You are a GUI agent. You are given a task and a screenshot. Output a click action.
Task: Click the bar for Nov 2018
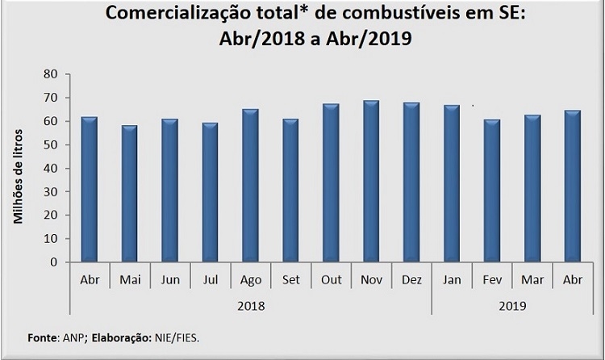(x=371, y=182)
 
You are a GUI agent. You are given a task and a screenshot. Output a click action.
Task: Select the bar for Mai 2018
(x=129, y=194)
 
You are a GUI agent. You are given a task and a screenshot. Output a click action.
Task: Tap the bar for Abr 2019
(x=574, y=186)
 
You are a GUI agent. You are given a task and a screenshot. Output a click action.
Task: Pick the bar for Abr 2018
(x=89, y=190)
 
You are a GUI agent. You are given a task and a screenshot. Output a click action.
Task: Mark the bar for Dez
(x=411, y=182)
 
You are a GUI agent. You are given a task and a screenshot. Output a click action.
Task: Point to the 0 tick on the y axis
(x=55, y=262)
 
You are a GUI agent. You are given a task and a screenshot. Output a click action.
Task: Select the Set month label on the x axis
(x=290, y=280)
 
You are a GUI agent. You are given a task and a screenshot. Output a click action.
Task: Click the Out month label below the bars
(x=331, y=280)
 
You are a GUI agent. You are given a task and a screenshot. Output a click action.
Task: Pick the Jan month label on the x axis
(x=452, y=280)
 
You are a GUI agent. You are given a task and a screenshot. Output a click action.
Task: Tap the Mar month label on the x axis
(x=532, y=280)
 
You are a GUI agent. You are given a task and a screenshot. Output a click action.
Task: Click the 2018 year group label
(x=250, y=306)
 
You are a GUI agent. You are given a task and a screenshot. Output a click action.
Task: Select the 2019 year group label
(x=512, y=306)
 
